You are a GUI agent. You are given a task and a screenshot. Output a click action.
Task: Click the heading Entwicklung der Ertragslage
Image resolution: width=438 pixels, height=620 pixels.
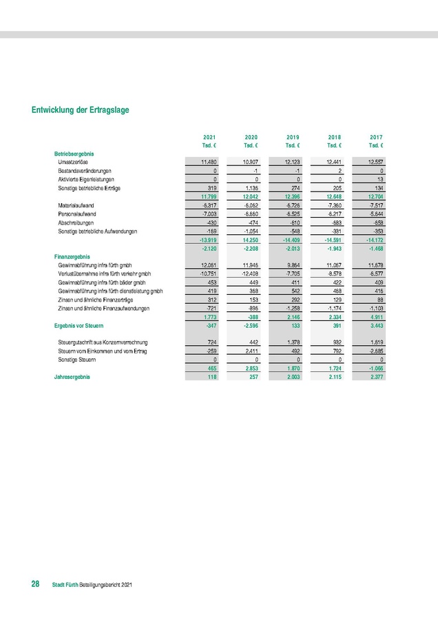[80, 110]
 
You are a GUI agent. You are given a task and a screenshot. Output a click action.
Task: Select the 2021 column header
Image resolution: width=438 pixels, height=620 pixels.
[210, 137]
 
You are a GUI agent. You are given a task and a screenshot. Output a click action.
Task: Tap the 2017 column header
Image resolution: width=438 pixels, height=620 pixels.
[376, 137]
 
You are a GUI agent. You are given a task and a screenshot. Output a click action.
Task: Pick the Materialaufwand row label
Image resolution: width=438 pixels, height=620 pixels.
[77, 205]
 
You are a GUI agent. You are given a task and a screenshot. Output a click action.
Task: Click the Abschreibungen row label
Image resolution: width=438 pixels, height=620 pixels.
[76, 223]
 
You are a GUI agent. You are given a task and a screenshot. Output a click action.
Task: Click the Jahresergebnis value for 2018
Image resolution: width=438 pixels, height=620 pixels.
[333, 378]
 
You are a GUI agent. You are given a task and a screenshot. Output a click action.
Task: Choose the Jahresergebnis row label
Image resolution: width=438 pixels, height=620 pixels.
[72, 378]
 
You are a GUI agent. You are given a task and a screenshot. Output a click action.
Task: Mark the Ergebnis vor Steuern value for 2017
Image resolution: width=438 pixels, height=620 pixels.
[375, 325]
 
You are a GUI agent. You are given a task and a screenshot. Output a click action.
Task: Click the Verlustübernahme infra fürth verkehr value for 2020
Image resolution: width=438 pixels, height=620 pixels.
[249, 273]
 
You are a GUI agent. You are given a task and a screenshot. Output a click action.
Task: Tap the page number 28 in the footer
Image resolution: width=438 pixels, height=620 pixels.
[34, 585]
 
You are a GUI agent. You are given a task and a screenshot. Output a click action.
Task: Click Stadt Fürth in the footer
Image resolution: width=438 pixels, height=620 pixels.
[65, 586]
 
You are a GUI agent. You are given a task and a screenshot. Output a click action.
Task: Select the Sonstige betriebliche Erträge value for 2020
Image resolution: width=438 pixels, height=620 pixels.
[249, 187]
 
